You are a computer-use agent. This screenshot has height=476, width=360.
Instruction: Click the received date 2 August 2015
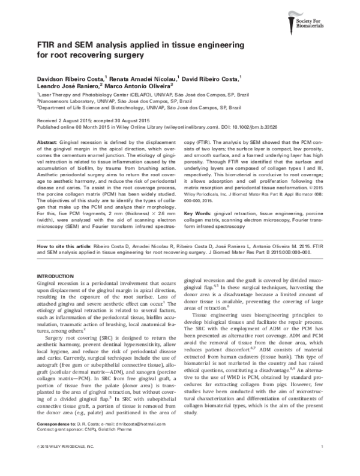pyautogui.click(x=64, y=120)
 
